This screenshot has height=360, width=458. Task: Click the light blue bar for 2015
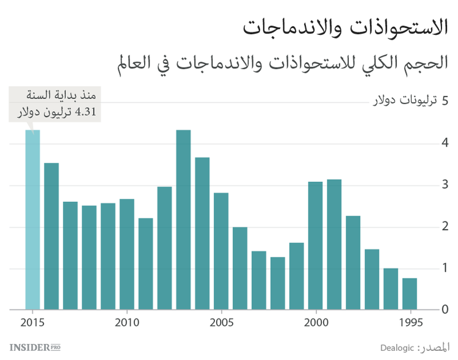[x=32, y=220]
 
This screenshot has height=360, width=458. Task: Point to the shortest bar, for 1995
[x=410, y=293]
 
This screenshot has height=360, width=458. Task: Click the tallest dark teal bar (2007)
[x=183, y=220]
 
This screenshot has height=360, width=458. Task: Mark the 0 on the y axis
[x=445, y=310]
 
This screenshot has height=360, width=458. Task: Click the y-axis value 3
[x=445, y=184]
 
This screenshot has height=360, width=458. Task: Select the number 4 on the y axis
[x=445, y=143]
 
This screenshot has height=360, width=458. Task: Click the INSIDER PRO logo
[x=35, y=347]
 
